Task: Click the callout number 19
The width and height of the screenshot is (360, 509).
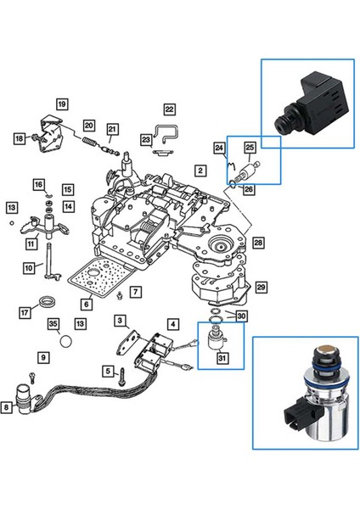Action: pos(62,103)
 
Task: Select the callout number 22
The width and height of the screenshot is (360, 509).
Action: pos(169,109)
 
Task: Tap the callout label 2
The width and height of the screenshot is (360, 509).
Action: pos(199,170)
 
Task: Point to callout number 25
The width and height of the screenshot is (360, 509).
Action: pos(250,148)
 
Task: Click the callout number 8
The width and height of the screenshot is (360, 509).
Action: pos(7,408)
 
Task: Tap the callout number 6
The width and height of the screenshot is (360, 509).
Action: pos(87,304)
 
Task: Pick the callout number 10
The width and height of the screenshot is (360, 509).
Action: pos(28,267)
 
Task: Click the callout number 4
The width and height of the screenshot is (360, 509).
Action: pos(173,323)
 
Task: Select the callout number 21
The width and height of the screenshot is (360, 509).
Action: pos(113,129)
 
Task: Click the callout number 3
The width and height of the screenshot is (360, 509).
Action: pos(121,320)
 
